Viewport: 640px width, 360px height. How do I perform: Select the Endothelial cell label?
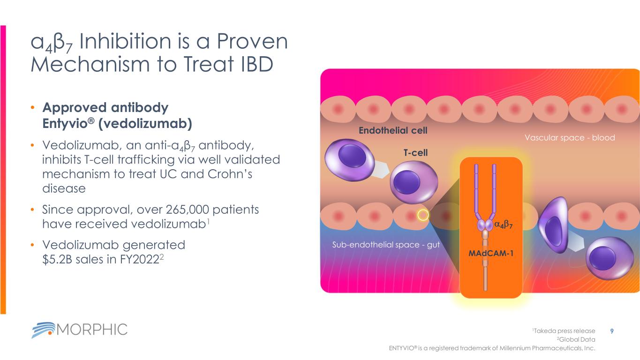393,131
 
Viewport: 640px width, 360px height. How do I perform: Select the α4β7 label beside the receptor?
504,225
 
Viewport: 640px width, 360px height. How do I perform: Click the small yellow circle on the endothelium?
423,215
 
